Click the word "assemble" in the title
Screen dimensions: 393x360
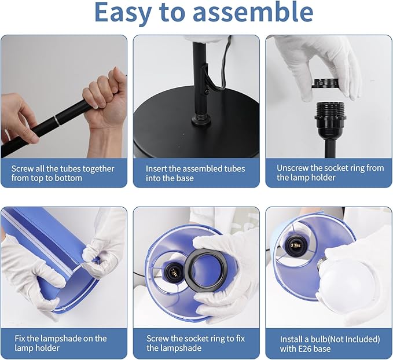[x=253, y=12]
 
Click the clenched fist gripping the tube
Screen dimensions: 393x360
[x=105, y=98]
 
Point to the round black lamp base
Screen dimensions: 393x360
[x=196, y=125]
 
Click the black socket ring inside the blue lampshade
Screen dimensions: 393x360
[x=206, y=271]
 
